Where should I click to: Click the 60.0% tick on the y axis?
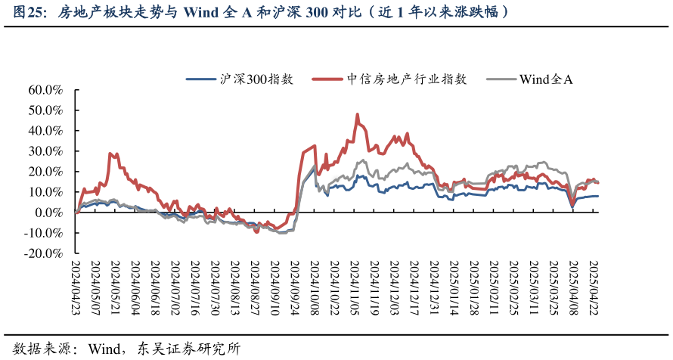coord(45,89)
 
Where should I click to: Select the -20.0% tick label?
coord(44,254)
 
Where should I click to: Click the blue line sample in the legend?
coord(202,79)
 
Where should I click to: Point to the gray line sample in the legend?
coord(500,79)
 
